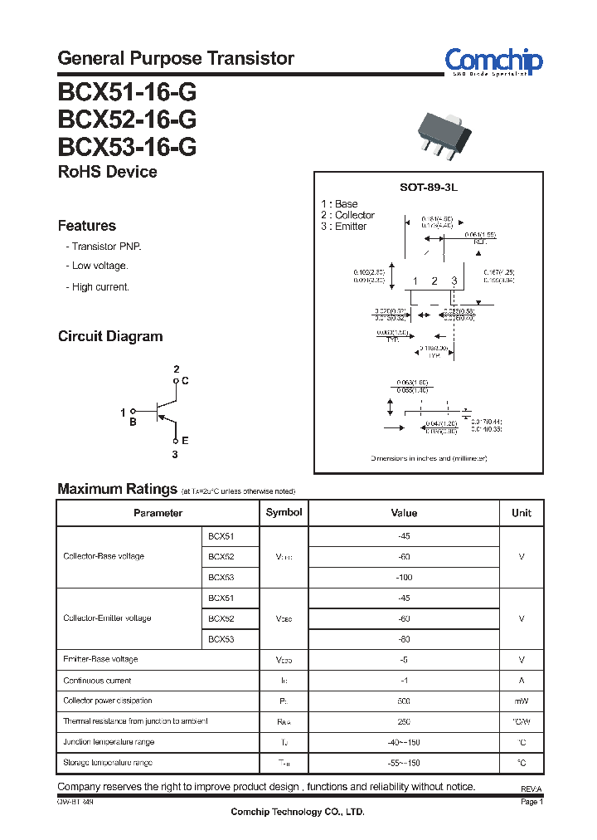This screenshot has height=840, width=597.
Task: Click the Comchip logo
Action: pyautogui.click(x=493, y=61)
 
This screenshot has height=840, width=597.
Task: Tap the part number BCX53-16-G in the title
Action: pyautogui.click(x=127, y=146)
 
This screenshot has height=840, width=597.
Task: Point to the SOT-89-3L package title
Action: pyautogui.click(x=429, y=188)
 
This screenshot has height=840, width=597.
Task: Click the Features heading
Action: pyautogui.click(x=87, y=226)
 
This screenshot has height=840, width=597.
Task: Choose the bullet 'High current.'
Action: pyautogui.click(x=100, y=286)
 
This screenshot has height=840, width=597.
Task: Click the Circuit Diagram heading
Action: pyautogui.click(x=110, y=336)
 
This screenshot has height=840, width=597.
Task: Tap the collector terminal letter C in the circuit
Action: pyautogui.click(x=185, y=381)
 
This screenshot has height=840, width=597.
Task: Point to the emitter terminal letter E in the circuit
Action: pyautogui.click(x=185, y=441)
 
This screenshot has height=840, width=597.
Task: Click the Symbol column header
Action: pyautogui.click(x=284, y=512)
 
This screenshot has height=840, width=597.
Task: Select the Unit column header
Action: pyautogui.click(x=522, y=513)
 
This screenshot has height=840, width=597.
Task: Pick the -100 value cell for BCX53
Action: pyautogui.click(x=404, y=577)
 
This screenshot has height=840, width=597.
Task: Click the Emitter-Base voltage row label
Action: pyautogui.click(x=100, y=659)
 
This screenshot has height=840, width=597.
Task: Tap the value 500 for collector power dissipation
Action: pyautogui.click(x=404, y=701)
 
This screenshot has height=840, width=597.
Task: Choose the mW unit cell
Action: pyautogui.click(x=522, y=701)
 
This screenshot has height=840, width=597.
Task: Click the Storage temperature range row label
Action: pyautogui.click(x=109, y=762)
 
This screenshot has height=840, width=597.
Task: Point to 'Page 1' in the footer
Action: pyautogui.click(x=531, y=803)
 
